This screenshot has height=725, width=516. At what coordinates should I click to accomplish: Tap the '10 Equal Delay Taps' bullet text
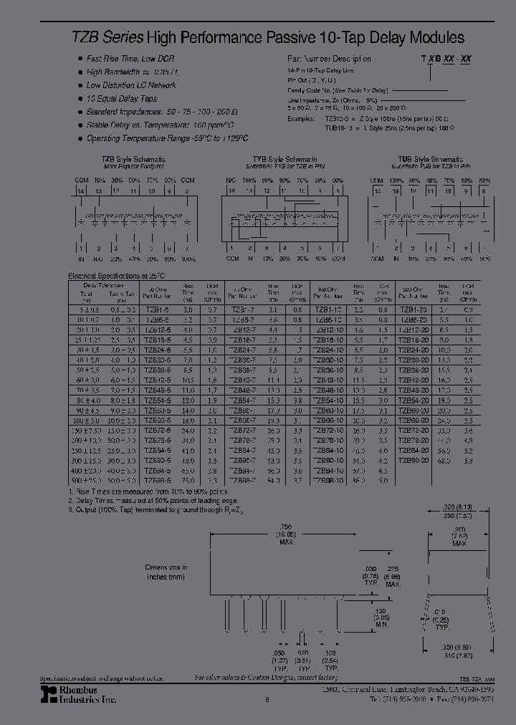pyautogui.click(x=122, y=99)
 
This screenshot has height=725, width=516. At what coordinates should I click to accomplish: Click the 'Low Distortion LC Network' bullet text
pyautogui.click(x=131, y=85)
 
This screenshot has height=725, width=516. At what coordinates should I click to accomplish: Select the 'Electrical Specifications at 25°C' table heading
pyautogui.click(x=116, y=275)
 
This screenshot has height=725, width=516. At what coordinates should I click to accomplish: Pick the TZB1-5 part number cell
pyautogui.click(x=154, y=309)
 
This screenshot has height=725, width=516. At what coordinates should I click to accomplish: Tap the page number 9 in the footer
pyautogui.click(x=266, y=700)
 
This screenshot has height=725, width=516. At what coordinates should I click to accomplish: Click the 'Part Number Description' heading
pyautogui.click(x=329, y=59)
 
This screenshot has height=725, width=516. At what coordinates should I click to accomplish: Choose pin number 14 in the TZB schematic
pyautogui.click(x=81, y=191)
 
